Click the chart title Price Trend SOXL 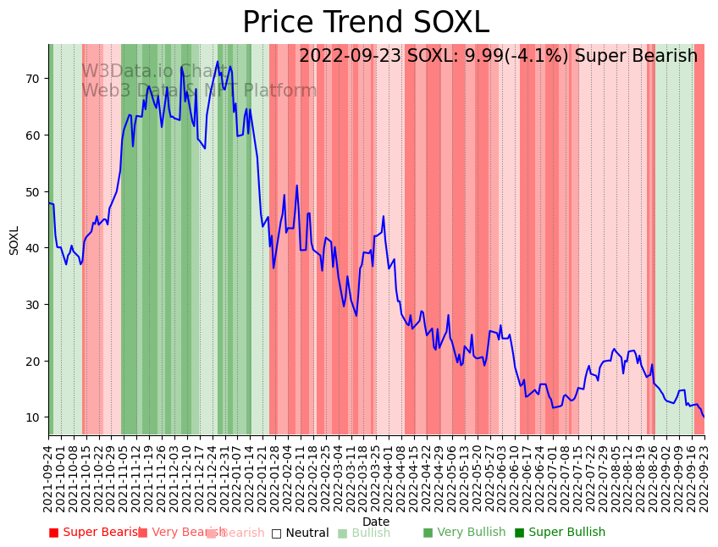[366, 23]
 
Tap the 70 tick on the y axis [35, 79]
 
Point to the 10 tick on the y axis [35, 417]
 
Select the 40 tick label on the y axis [35, 248]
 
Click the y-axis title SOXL [14, 240]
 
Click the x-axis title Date [376, 522]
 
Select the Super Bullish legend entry [560, 533]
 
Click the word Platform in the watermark [280, 91]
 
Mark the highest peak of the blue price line [218, 61]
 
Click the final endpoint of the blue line [703, 417]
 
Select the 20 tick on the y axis [35, 361]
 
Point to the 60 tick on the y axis [35, 135]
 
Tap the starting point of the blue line [49, 202]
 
